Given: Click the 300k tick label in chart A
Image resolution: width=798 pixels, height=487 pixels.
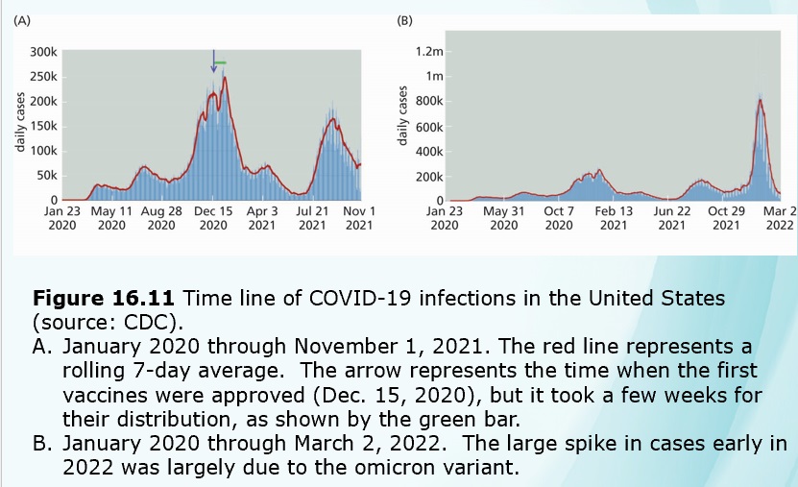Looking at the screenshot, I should click(44, 52).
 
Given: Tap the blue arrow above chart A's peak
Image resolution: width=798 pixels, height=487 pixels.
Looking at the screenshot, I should click(214, 61).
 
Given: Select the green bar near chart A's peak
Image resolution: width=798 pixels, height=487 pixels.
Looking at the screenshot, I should click(221, 63).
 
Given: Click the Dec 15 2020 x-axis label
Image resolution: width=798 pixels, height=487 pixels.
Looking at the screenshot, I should click(212, 217).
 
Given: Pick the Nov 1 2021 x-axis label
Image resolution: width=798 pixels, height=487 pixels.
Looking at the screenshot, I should click(358, 217).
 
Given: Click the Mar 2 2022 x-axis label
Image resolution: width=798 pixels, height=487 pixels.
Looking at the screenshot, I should click(780, 217).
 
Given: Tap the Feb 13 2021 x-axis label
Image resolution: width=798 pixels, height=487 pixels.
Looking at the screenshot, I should click(614, 217).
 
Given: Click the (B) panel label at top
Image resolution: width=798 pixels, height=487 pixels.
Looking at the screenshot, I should click(406, 19).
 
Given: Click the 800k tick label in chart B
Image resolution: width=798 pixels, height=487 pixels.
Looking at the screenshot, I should click(428, 102).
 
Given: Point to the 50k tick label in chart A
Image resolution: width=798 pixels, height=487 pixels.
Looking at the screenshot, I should click(47, 176).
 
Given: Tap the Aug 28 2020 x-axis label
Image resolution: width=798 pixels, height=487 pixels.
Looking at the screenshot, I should click(161, 217).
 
